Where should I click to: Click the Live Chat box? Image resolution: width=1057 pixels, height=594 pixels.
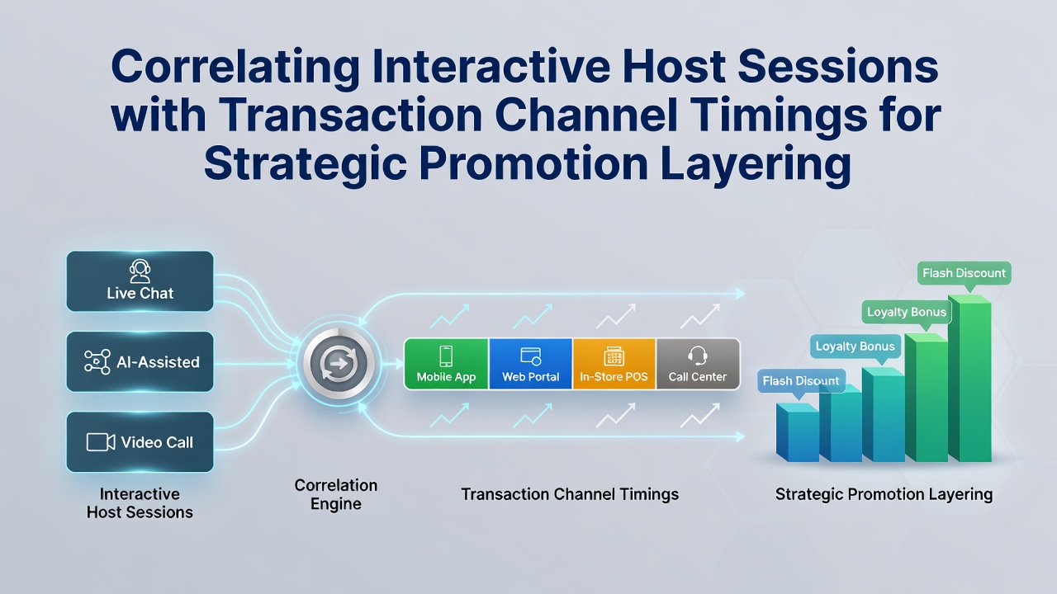pos(140,281)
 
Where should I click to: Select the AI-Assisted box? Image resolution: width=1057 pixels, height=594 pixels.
pos(140,361)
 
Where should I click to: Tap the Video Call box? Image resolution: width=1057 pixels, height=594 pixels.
pos(140,442)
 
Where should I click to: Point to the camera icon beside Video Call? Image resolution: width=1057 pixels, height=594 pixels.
pos(101,442)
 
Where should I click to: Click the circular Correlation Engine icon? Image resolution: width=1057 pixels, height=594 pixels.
pos(339,364)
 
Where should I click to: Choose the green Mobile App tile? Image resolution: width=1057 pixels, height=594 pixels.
pos(447,364)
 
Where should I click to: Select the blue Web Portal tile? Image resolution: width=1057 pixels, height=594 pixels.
pos(530,364)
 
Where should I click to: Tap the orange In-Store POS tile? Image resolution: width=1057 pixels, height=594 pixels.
pos(614,364)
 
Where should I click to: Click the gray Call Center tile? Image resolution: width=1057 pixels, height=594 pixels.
pos(698,364)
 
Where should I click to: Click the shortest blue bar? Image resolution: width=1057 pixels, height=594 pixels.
pos(798,432)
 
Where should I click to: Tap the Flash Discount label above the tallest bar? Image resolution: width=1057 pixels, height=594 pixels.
pos(964,273)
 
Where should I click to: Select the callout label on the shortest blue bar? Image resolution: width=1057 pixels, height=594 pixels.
pos(801,381)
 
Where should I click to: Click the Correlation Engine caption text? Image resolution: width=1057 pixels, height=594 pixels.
pos(336,494)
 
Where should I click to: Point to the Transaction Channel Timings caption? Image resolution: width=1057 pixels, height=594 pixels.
pos(570,494)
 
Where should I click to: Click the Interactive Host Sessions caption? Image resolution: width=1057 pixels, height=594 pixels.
pos(140,503)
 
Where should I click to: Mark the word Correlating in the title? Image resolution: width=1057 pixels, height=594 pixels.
pos(235,67)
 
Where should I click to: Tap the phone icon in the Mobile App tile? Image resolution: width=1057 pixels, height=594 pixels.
pos(446,356)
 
